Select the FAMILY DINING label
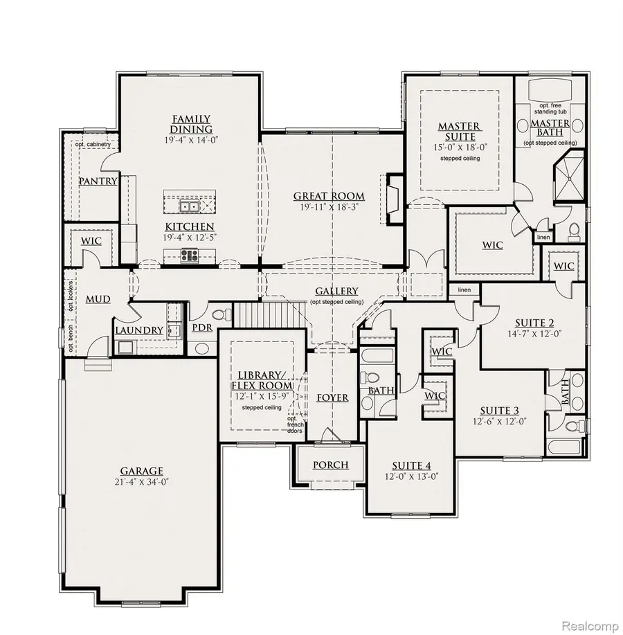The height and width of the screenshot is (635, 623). [x=191, y=125]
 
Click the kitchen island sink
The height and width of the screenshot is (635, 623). [x=189, y=206]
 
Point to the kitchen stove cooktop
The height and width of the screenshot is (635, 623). [x=189, y=256]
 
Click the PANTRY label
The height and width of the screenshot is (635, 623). [x=98, y=181]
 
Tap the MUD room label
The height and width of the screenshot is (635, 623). [x=98, y=299]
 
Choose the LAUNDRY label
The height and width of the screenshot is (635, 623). [x=139, y=331]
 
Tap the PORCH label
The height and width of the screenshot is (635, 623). [x=330, y=465]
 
